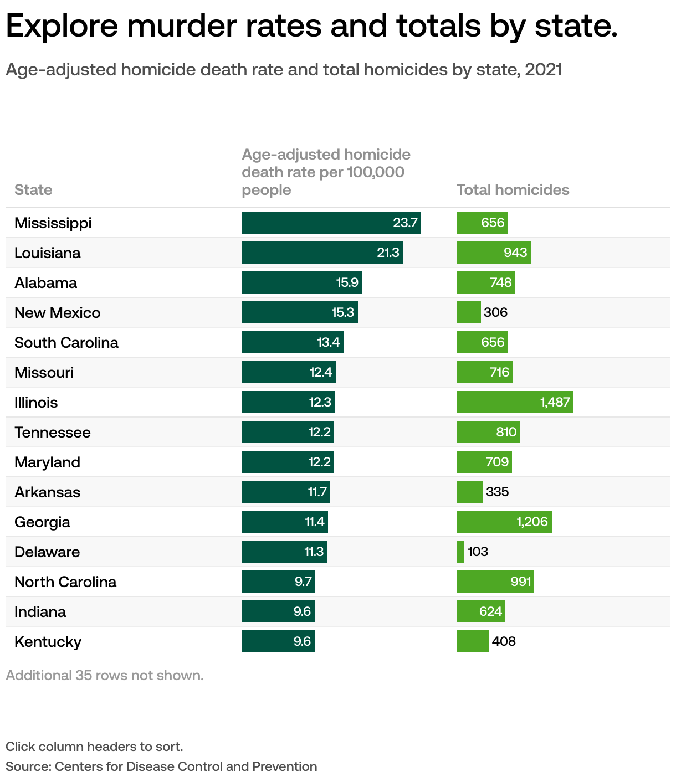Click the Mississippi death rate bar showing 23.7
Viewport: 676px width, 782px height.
tap(331, 223)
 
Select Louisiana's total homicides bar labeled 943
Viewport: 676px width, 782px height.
tap(493, 253)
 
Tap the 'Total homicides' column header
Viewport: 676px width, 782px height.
tap(513, 190)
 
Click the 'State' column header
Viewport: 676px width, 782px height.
tap(33, 190)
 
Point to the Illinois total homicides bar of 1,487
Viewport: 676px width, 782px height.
tap(514, 402)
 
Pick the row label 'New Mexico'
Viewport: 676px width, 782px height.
tap(57, 312)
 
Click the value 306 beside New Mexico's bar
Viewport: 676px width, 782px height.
tap(495, 312)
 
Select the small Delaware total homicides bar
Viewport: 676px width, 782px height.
tap(460, 552)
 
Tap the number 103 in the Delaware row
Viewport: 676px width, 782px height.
tap(478, 552)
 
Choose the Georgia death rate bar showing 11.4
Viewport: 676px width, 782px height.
tap(284, 522)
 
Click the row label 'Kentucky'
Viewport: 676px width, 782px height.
tap(48, 641)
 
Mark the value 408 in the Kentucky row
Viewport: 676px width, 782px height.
tap(504, 641)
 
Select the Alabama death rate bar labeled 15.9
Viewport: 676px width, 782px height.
tap(301, 282)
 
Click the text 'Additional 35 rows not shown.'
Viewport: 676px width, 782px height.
tap(105, 675)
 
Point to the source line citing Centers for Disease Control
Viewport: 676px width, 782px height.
tap(161, 766)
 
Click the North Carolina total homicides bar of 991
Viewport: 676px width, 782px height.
tap(495, 582)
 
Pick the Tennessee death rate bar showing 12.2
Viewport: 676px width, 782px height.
tap(287, 432)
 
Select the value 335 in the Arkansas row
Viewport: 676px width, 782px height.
tap(497, 492)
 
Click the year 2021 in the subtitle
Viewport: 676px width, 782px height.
tap(543, 70)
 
